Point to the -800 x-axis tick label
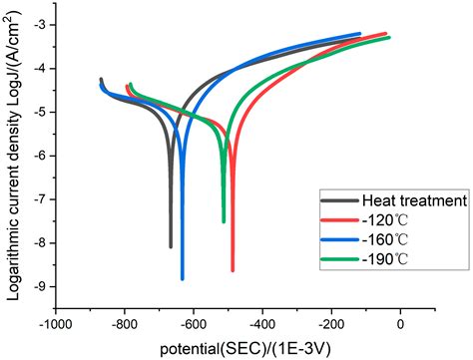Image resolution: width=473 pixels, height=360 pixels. [124, 324]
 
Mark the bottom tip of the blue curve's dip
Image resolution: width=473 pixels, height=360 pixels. [182, 278]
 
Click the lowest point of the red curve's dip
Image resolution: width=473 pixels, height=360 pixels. [233, 269]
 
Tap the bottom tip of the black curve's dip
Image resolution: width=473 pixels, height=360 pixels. [171, 245]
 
